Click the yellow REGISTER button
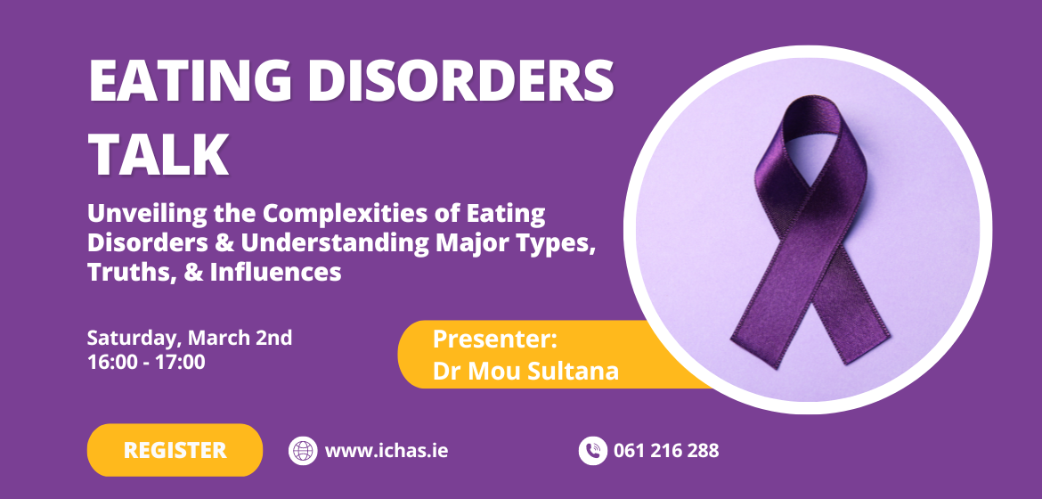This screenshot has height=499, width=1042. coord(175,450)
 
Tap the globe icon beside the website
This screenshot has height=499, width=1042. coord(303,450)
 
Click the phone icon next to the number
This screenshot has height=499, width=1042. coord(593,450)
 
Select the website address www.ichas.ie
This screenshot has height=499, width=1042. coord(387,450)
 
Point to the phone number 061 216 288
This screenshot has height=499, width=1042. coord(666,450)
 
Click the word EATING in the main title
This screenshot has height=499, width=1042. coord(190,80)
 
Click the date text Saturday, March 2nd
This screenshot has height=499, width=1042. coord(190,339)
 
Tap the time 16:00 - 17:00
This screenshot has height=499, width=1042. coord(146,363)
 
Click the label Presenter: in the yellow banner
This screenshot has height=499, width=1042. coord(494,339)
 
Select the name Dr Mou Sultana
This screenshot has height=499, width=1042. coord(525,372)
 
